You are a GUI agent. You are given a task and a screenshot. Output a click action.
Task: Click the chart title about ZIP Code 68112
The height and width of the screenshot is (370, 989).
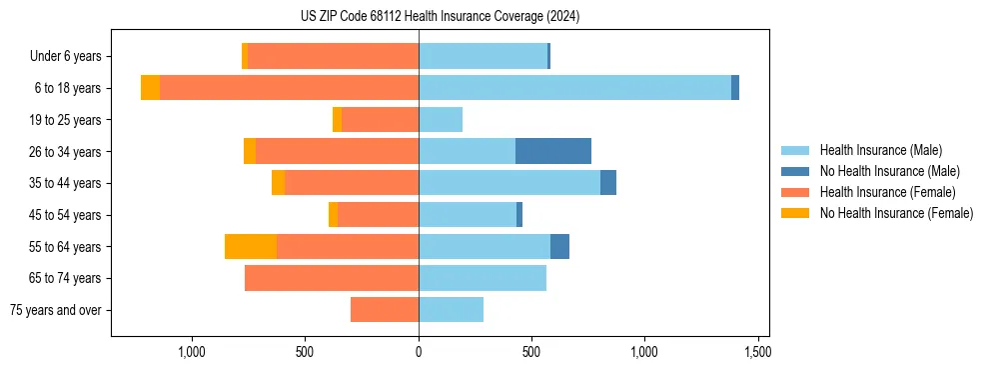pyautogui.click(x=440, y=17)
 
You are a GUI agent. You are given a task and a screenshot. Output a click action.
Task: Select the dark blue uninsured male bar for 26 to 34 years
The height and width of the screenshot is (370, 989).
pyautogui.click(x=552, y=151)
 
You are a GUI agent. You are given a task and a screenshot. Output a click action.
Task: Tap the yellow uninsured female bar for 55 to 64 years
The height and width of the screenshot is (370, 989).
pyautogui.click(x=251, y=246)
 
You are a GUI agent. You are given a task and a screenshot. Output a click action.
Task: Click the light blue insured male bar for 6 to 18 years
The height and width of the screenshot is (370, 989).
pyautogui.click(x=574, y=88)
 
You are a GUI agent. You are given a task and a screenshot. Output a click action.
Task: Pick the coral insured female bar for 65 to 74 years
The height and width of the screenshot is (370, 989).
pyautogui.click(x=332, y=278)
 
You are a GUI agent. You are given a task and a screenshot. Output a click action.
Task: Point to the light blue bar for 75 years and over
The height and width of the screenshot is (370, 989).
pyautogui.click(x=451, y=310)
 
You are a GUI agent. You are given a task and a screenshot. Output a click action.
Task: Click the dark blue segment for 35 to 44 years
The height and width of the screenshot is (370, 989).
pyautogui.click(x=608, y=183)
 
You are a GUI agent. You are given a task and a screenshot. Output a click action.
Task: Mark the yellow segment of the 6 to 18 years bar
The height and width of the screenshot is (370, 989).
pyautogui.click(x=150, y=88)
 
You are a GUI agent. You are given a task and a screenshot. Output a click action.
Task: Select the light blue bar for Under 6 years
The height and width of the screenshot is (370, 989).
pyautogui.click(x=483, y=56)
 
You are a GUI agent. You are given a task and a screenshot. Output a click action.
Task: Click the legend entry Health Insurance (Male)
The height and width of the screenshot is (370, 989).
pyautogui.click(x=880, y=150)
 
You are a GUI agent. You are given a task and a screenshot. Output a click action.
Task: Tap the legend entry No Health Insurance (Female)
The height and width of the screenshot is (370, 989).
pyautogui.click(x=896, y=213)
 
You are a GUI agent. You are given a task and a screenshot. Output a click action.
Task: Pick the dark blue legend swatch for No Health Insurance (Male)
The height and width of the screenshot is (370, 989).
pyautogui.click(x=795, y=171)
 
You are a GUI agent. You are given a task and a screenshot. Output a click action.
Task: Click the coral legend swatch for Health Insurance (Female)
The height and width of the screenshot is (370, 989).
pyautogui.click(x=795, y=192)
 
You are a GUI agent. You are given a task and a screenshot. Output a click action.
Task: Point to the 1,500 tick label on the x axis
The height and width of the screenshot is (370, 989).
pyautogui.click(x=757, y=352)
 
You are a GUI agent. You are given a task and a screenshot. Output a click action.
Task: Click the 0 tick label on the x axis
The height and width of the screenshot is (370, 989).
pyautogui.click(x=419, y=352)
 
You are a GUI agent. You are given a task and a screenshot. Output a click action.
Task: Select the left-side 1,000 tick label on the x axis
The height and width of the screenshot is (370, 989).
pyautogui.click(x=192, y=352)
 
